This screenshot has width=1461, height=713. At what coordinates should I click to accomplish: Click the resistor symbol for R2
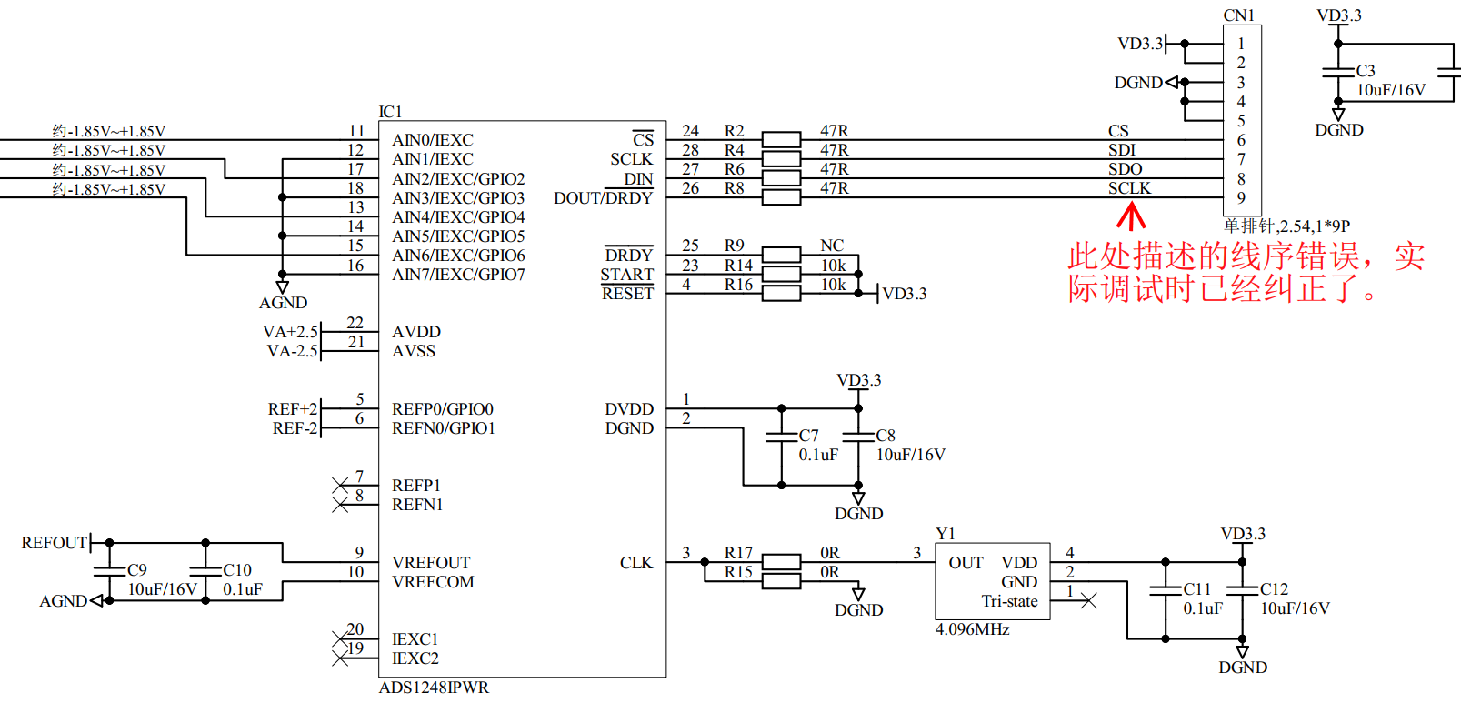[x=781, y=139]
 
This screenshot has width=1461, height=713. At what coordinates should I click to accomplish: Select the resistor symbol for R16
[x=781, y=293]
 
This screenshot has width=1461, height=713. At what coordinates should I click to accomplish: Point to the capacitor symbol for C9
[x=110, y=571]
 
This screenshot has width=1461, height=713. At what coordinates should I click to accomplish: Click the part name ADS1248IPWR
[x=434, y=688]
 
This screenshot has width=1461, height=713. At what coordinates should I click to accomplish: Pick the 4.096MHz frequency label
[x=973, y=629]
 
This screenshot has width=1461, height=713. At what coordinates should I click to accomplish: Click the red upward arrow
[x=1131, y=216]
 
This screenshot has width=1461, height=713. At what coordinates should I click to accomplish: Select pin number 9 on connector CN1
[x=1241, y=197]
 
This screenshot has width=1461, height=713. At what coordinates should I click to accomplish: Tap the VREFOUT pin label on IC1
[x=430, y=562]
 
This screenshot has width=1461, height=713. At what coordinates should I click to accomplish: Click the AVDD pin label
[x=416, y=331]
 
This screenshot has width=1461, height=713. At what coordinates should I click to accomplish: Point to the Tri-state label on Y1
[x=1010, y=601]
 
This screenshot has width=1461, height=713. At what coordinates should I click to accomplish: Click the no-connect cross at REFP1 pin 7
[x=340, y=486]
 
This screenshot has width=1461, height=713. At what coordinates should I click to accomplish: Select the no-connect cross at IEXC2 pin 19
[x=340, y=658]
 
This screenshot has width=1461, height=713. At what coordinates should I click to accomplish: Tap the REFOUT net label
[x=55, y=543]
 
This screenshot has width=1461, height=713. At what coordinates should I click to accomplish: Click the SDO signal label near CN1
[x=1126, y=169]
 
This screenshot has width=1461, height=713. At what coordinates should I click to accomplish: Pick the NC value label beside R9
[x=832, y=246]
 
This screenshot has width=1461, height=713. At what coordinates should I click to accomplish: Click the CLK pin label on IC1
[x=635, y=562]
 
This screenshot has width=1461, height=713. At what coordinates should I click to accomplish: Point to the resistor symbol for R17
[x=781, y=562]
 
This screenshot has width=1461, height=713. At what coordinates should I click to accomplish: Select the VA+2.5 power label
[x=290, y=331]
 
